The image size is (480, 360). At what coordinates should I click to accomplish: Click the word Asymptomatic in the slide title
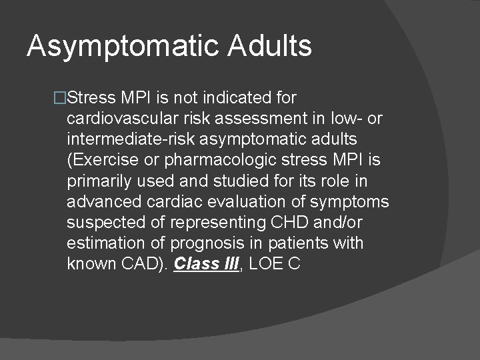point(122,47)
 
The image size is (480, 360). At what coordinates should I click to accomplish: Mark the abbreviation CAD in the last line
point(139,263)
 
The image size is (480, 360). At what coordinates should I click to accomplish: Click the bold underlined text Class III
point(205,263)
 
